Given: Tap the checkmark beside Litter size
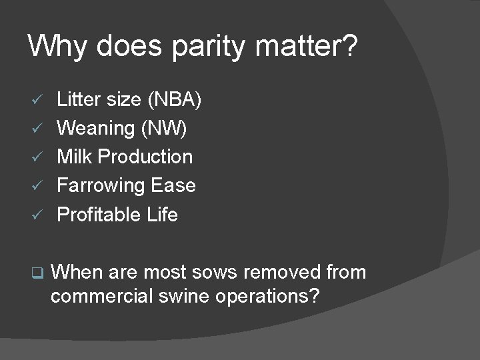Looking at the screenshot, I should coord(39,100).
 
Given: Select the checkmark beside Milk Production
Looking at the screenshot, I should coord(39,157).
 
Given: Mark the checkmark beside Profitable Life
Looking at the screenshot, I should coord(39,215).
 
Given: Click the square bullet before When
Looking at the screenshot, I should coord(38,273).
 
